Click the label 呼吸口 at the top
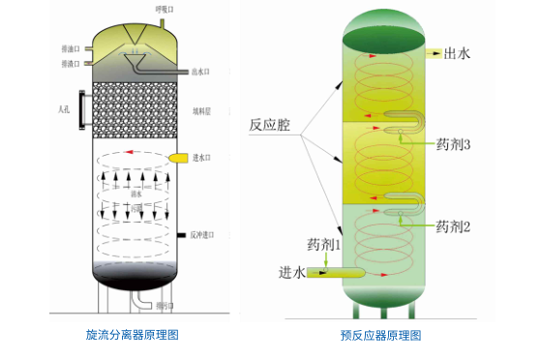[x=166, y=10]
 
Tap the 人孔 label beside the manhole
[x=65, y=109]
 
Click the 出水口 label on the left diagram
[x=200, y=71]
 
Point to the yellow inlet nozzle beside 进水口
[x=178, y=158]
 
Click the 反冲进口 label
[x=201, y=235]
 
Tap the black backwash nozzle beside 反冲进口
[x=181, y=235]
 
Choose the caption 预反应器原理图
[x=380, y=336]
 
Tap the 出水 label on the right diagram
[x=458, y=54]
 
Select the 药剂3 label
[x=453, y=145]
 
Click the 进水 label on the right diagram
[x=292, y=272]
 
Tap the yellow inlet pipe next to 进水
[x=336, y=274]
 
